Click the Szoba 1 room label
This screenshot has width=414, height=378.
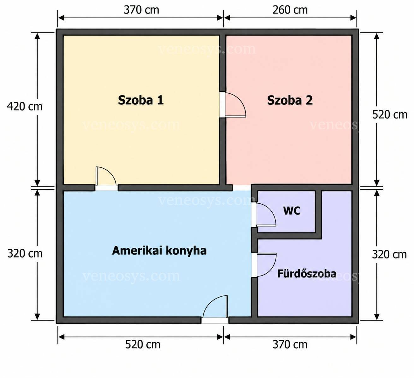[141, 100]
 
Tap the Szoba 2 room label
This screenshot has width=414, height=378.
[290, 100]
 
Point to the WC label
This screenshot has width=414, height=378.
[292, 211]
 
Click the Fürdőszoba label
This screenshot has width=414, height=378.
[307, 274]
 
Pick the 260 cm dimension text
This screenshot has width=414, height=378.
[290, 10]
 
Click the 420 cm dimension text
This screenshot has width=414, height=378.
[25, 107]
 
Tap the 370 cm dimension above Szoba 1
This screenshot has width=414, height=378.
[141, 10]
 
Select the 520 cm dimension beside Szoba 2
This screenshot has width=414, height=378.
[390, 115]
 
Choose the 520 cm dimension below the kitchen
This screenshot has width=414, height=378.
[143, 345]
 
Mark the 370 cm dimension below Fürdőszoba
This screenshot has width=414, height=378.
[290, 345]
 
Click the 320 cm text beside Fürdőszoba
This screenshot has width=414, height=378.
[389, 255]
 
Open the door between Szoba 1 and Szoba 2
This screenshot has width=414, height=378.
[233, 105]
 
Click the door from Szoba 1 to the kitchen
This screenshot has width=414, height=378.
[106, 178]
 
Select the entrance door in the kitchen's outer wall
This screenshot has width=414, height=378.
[215, 310]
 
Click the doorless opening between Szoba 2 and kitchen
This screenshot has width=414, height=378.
[242, 188]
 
